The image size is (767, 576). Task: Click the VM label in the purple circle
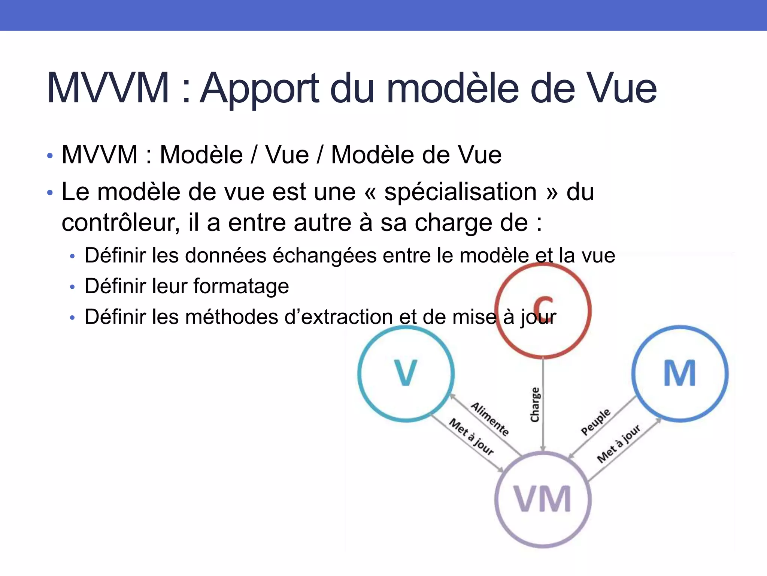[x=543, y=499]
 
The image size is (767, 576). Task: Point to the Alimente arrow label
[x=490, y=419]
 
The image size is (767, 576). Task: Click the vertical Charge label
[x=535, y=405]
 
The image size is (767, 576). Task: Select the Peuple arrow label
[x=595, y=422]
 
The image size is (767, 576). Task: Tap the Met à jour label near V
[x=472, y=436]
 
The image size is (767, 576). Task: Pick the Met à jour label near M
[x=619, y=444]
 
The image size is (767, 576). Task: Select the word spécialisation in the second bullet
[x=461, y=192]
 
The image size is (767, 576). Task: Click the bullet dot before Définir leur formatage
[x=72, y=287]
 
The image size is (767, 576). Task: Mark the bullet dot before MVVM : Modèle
[x=50, y=156]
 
